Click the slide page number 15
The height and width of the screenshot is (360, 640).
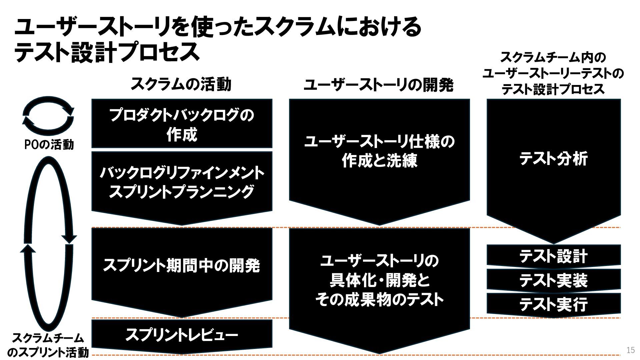tap(630, 350)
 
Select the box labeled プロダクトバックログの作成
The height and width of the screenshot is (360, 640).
tap(182, 124)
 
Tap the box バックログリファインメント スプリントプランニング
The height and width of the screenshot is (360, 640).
tap(182, 183)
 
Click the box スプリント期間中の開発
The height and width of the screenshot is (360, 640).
tap(182, 266)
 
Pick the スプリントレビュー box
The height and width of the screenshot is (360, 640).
tap(182, 335)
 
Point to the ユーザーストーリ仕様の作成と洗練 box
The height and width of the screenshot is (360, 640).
tap(379, 152)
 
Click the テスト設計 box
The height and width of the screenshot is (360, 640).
tap(553, 256)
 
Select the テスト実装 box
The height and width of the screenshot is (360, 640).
tap(553, 280)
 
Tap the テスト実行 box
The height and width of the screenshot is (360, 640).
tap(553, 304)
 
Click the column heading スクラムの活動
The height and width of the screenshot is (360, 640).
tap(181, 84)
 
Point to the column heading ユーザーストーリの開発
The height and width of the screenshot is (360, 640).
tap(379, 85)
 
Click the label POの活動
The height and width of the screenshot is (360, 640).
tap(49, 145)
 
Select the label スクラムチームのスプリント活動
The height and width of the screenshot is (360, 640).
tap(48, 345)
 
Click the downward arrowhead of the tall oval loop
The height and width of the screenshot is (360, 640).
tap(69, 239)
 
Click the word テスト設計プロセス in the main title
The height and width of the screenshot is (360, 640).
tap(107, 52)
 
